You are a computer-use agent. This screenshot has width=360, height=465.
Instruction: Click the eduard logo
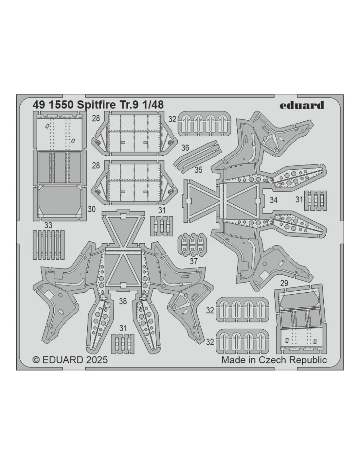click(x=302, y=106)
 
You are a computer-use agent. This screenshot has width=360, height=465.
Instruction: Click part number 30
click(x=91, y=209)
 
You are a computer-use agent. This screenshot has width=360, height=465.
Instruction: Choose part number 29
click(x=284, y=283)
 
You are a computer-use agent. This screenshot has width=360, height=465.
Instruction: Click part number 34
click(x=274, y=200)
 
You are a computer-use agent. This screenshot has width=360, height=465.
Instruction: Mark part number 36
click(x=185, y=148)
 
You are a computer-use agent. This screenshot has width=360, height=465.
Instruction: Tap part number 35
click(x=199, y=170)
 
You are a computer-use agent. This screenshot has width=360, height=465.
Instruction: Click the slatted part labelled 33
click(x=49, y=245)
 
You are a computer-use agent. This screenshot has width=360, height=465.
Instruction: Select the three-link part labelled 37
click(x=192, y=245)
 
